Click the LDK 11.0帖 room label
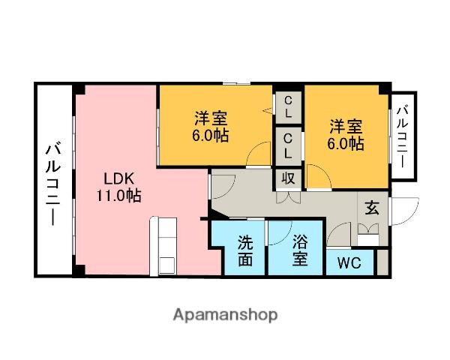pos(118,187)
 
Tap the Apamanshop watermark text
pos(225,315)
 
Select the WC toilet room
pos(349,262)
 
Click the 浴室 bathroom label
pos(300,250)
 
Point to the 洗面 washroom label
pos(245,251)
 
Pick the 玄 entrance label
pos(372,208)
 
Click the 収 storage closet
pos(289,178)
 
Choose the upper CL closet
pos(288,107)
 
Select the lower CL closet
pos(288,146)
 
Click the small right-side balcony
pos(403,136)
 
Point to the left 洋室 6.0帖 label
pos(211,126)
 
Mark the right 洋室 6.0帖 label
pos(346,135)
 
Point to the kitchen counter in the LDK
pos(163,247)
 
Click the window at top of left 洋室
pos(237,83)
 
